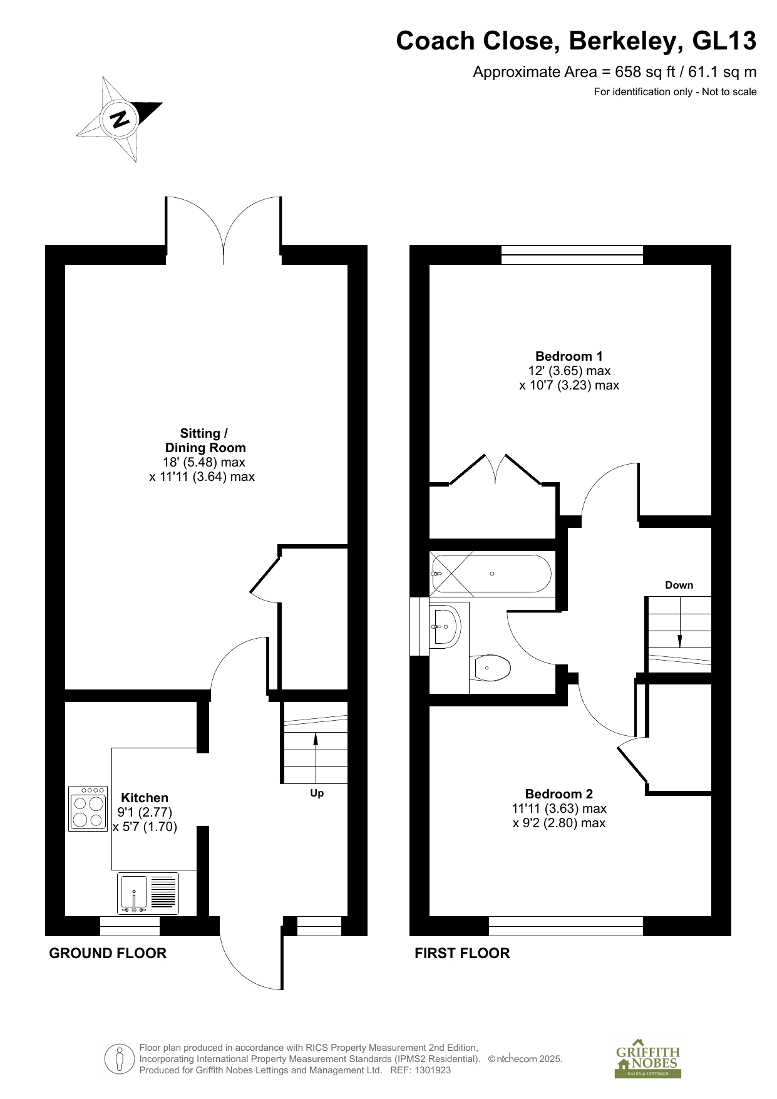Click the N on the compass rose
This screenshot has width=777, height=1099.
tap(120, 118)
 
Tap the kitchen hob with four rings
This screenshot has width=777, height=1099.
tap(88, 808)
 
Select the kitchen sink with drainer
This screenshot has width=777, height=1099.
tap(148, 893)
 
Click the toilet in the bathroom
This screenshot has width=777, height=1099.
tap(492, 668)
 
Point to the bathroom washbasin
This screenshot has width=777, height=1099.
tap(446, 625)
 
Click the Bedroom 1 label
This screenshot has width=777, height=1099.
tap(569, 356)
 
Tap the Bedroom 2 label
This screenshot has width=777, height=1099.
tap(559, 794)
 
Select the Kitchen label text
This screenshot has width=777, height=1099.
tap(145, 798)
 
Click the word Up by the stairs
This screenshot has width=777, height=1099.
tap(317, 793)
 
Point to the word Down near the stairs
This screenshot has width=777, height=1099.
tap(679, 585)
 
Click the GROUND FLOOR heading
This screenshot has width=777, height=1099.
tap(108, 953)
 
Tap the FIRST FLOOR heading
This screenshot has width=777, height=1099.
tap(462, 953)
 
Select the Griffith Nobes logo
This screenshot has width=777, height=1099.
tap(647, 1062)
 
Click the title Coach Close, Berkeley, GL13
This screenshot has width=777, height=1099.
tap(576, 41)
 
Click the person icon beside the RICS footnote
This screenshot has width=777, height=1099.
tap(120, 1059)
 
